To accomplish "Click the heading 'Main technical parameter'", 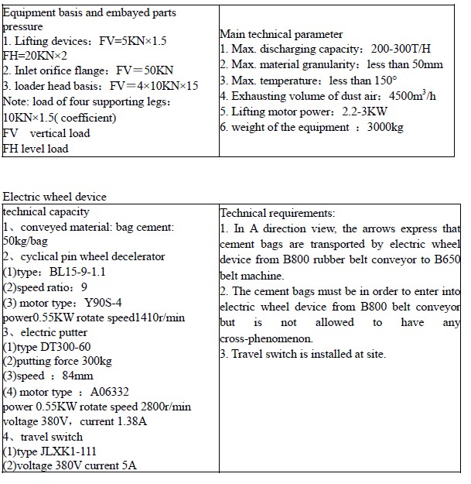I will (x=281, y=34).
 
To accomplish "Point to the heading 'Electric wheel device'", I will (x=55, y=197).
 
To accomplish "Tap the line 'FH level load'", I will (x=36, y=148).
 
